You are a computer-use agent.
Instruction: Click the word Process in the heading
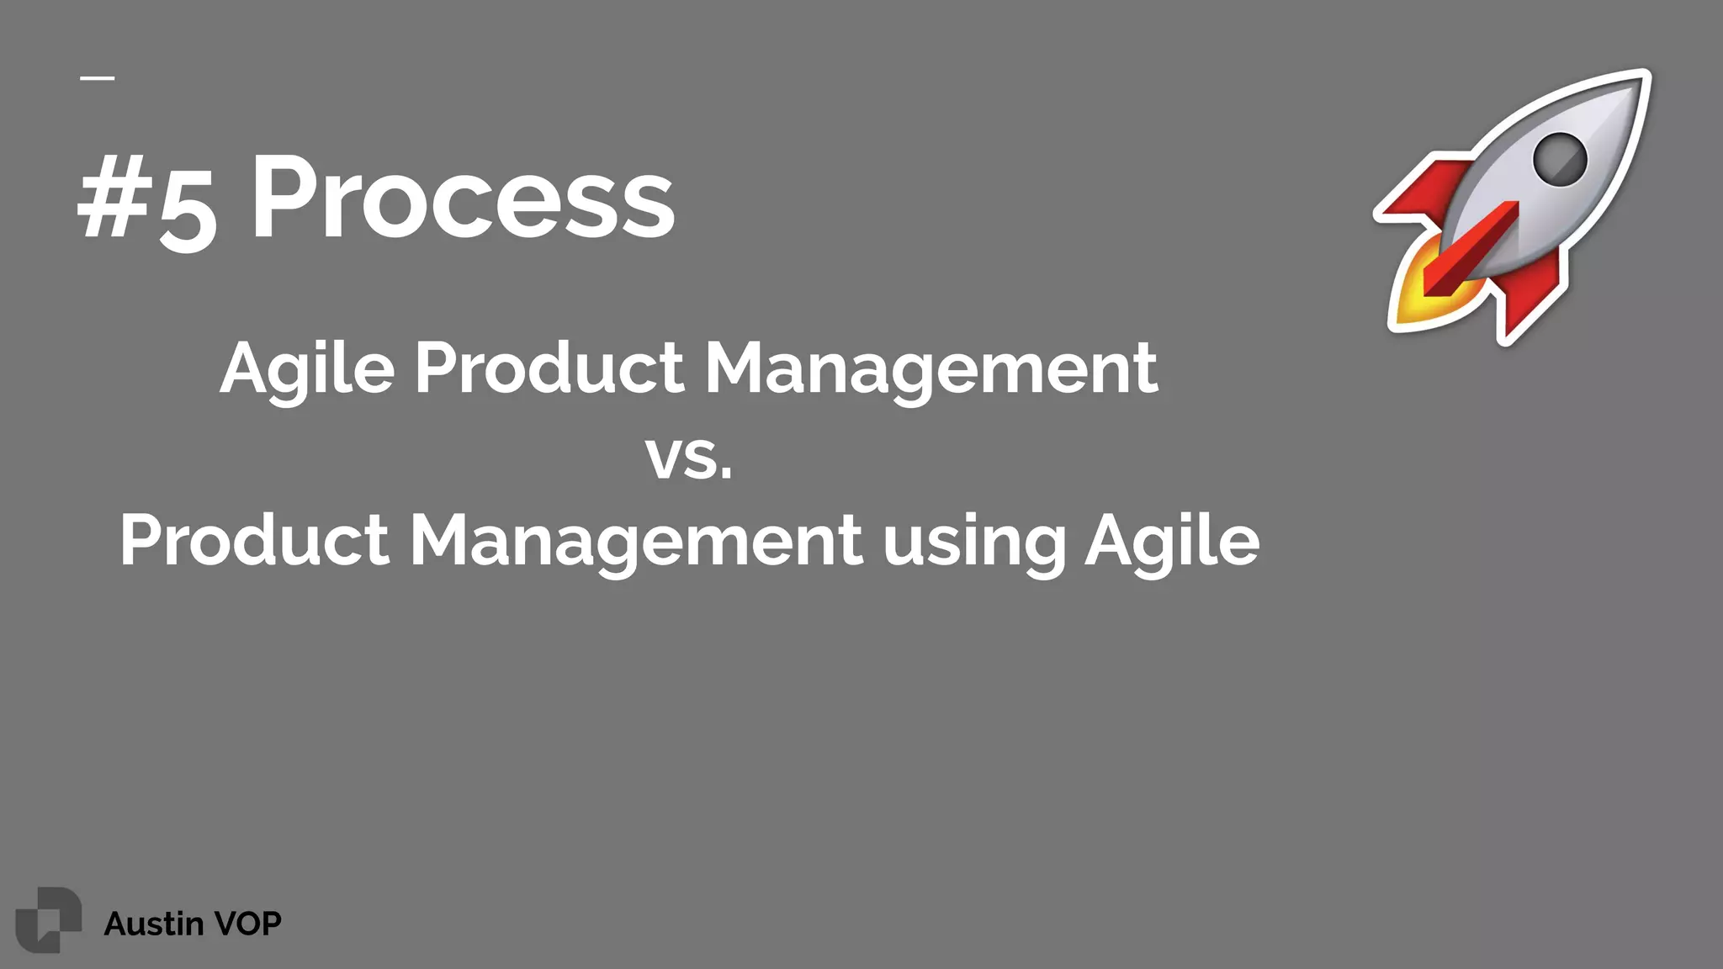point(463,199)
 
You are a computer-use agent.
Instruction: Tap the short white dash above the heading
point(98,78)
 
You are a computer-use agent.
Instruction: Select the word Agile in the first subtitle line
point(307,368)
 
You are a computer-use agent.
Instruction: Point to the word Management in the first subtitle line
point(930,368)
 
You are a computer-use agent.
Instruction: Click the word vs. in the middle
point(689,458)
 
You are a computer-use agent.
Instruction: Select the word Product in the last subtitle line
point(253,539)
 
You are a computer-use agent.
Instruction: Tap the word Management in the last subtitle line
point(635,541)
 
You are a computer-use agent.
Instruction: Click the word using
point(974,543)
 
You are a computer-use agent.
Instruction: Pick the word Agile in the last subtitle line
point(1172,541)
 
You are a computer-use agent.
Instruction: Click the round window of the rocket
point(1559,159)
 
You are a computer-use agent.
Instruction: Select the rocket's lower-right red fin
point(1531,299)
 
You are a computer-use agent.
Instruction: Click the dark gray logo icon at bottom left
point(48,919)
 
